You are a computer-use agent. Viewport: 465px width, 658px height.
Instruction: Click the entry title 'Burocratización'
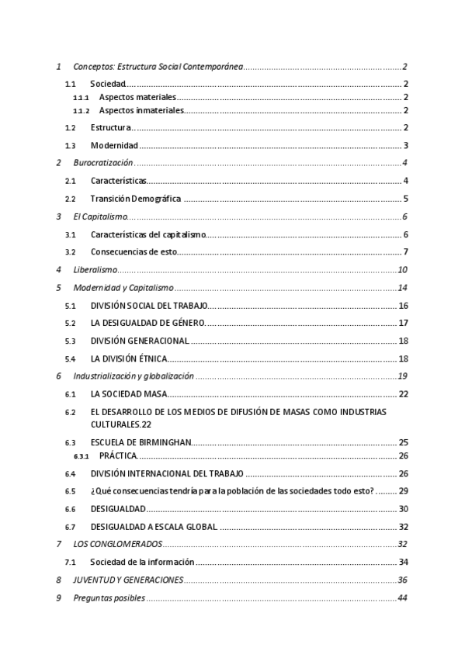[x=103, y=163]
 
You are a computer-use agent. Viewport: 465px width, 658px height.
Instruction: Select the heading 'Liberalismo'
[x=95, y=270]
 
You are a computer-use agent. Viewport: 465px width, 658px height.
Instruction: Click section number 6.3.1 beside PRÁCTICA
[x=82, y=455]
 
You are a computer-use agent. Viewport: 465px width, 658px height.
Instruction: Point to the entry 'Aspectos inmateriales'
[x=141, y=111]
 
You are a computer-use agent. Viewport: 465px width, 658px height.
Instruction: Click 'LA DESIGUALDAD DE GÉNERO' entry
[x=147, y=323]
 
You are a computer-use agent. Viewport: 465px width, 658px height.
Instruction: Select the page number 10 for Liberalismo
[x=402, y=270]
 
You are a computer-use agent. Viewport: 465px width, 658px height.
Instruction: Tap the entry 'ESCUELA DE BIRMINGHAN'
[x=141, y=442]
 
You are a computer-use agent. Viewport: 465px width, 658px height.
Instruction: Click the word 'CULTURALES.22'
[x=120, y=424]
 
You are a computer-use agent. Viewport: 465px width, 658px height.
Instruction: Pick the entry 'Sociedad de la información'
[x=142, y=562]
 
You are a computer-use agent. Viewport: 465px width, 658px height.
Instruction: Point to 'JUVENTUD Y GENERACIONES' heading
[x=128, y=580]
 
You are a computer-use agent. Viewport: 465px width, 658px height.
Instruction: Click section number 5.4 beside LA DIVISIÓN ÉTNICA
[x=70, y=358]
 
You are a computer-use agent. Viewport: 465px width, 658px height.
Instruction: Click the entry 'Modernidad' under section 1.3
[x=114, y=146]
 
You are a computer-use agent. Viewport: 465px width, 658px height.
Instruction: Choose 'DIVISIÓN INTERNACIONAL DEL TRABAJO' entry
[x=167, y=473]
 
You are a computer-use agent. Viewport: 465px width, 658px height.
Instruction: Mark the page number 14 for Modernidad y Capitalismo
[x=402, y=288]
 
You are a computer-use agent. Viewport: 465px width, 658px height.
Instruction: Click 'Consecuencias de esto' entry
[x=134, y=252]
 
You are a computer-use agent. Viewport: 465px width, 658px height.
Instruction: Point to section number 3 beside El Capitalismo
[x=59, y=216]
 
